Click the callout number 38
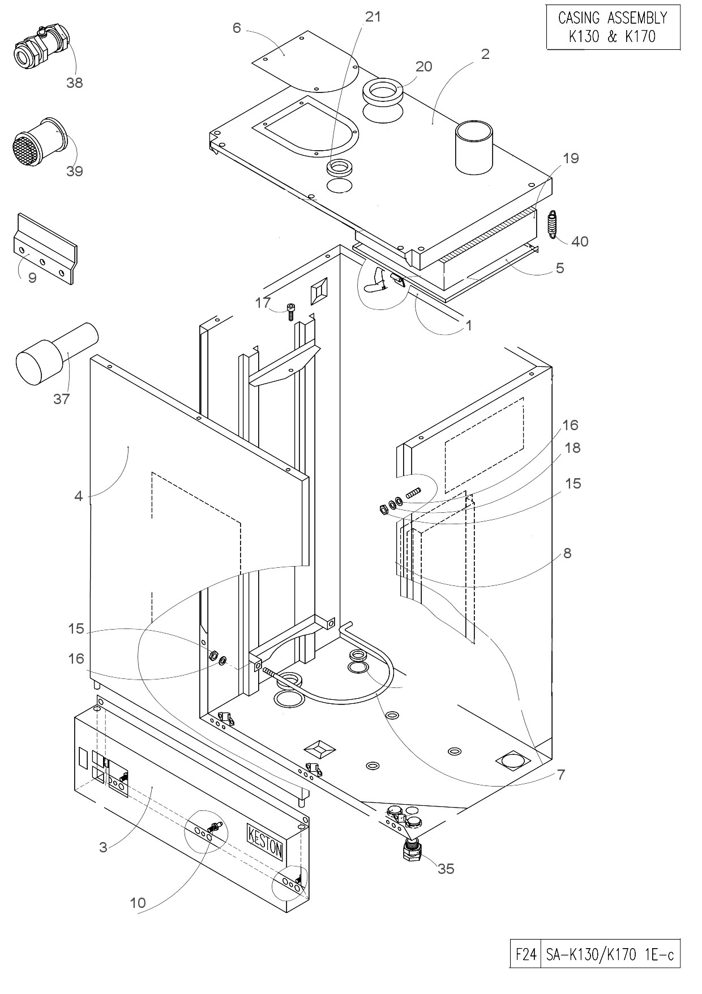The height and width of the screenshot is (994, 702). point(74,83)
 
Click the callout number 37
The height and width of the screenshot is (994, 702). point(61,399)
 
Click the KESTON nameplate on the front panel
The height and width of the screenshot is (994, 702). point(265,840)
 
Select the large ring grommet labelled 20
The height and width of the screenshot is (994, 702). point(383,92)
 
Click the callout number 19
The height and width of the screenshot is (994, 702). point(571,158)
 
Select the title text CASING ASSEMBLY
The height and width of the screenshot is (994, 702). point(613,18)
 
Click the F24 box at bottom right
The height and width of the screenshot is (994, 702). point(525,955)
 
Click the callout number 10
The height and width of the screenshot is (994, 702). point(138,903)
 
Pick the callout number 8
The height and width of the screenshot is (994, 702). point(567,553)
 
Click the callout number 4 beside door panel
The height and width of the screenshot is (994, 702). point(79,496)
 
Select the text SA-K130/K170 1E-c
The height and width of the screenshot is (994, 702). point(610,955)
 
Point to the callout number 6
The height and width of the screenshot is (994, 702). point(237,28)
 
